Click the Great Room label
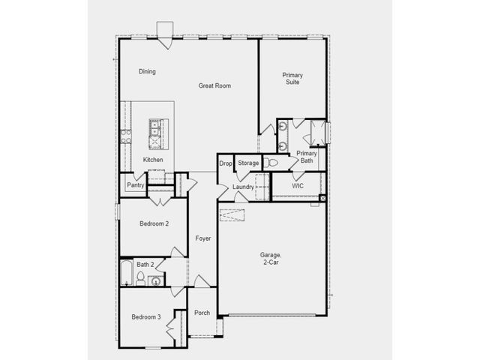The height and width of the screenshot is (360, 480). pyautogui.click(x=214, y=85)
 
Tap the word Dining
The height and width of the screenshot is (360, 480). pyautogui.click(x=147, y=71)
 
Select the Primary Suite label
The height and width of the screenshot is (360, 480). pyautogui.click(x=292, y=78)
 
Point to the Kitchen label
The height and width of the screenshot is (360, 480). pyautogui.click(x=153, y=160)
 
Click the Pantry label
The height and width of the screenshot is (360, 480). pyautogui.click(x=135, y=185)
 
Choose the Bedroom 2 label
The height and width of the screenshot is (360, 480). pyautogui.click(x=154, y=223)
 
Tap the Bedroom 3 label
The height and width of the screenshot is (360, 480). pyautogui.click(x=146, y=316)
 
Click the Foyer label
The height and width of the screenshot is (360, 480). pyautogui.click(x=203, y=238)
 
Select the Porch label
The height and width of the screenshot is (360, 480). pyautogui.click(x=202, y=313)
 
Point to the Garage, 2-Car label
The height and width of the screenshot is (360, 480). pyautogui.click(x=271, y=258)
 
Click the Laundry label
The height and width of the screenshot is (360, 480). pyautogui.click(x=243, y=187)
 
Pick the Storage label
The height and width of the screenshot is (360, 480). pyautogui.click(x=248, y=163)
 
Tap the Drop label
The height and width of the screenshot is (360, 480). pyautogui.click(x=226, y=163)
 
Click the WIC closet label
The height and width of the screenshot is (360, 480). pyautogui.click(x=298, y=186)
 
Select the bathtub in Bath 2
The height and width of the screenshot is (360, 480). pyautogui.click(x=126, y=272)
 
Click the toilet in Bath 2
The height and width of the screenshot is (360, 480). pyautogui.click(x=140, y=278)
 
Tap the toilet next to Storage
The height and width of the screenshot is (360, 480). pyautogui.click(x=270, y=163)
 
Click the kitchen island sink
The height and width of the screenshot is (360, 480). pyautogui.click(x=155, y=127)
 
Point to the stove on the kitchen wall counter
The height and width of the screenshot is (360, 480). pyautogui.click(x=125, y=136)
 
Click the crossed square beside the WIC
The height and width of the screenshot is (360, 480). pyautogui.click(x=322, y=198)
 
